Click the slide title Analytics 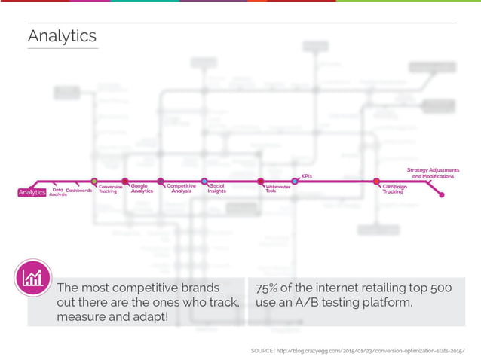click(x=62, y=36)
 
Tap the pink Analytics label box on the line click(x=32, y=192)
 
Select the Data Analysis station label click(x=58, y=193)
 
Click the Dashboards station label click(x=79, y=191)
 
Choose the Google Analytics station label click(x=142, y=189)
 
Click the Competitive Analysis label click(x=181, y=189)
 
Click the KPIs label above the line click(x=306, y=176)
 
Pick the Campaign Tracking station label click(x=394, y=189)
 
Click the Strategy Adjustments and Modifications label click(x=433, y=173)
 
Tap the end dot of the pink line click(x=441, y=196)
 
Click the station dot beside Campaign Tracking click(x=376, y=182)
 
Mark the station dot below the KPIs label click(x=295, y=182)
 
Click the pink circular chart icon click(x=33, y=278)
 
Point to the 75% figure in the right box click(x=268, y=288)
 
